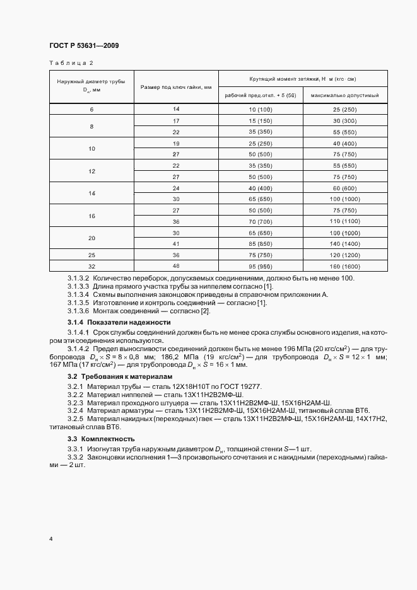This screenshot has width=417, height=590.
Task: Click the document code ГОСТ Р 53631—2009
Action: pos(83,46)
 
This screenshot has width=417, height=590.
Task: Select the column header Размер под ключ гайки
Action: pos(175,86)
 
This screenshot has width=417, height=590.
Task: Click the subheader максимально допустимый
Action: pos(345,95)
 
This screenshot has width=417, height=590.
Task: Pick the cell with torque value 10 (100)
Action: pos(260,110)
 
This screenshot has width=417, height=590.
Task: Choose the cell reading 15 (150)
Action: pos(260,120)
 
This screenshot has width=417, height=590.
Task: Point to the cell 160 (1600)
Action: pos(345,266)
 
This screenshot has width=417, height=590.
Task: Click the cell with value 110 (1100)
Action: pos(345,223)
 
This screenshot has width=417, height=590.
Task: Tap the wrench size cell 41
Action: pos(175,243)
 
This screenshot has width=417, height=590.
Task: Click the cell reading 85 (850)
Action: pos(260,243)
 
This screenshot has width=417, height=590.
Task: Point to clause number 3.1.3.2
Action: pos(78,278)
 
